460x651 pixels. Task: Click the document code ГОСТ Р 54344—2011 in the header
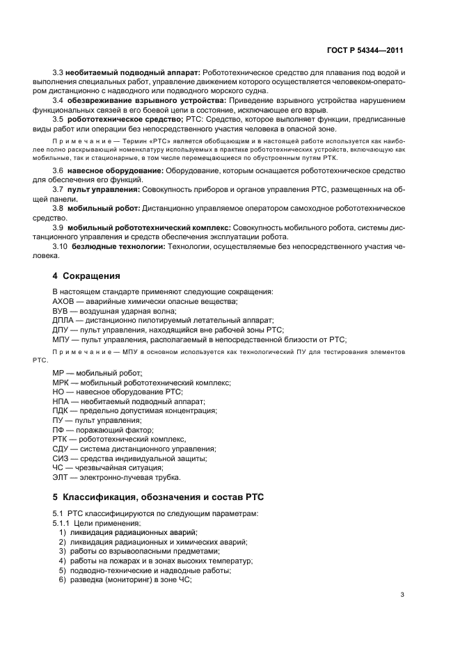pyautogui.click(x=365, y=51)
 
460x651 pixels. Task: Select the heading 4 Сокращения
pyautogui.click(x=86, y=275)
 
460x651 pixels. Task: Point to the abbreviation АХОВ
pyautogui.click(x=63, y=300)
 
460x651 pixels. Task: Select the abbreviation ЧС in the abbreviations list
pyautogui.click(x=58, y=468)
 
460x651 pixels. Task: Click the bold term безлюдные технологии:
pyautogui.click(x=115, y=246)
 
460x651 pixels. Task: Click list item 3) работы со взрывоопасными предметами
pyautogui.click(x=129, y=551)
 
